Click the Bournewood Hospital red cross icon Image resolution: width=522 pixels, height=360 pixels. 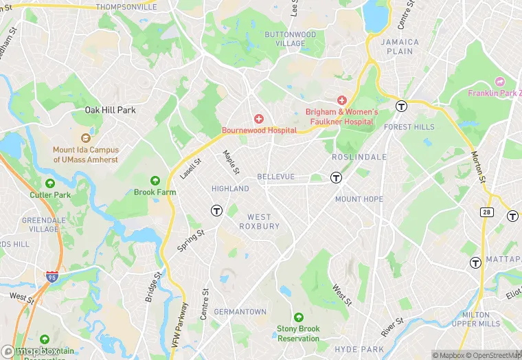[x=259, y=120]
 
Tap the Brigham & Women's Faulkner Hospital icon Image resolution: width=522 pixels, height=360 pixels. [x=341, y=101]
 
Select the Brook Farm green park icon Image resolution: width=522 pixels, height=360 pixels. [x=155, y=181]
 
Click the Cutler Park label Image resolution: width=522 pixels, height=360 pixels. [x=50, y=195]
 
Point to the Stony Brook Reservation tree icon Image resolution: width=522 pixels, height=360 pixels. [x=298, y=317]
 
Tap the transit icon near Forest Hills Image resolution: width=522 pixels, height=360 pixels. [x=401, y=106]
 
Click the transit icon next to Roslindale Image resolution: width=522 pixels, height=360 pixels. [x=337, y=178]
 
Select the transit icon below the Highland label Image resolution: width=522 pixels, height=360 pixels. [x=216, y=210]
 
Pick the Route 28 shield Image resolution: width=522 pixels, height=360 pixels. [x=486, y=213]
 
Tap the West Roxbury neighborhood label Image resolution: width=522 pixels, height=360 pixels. [x=259, y=221]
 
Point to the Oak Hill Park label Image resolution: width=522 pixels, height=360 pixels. [x=110, y=110]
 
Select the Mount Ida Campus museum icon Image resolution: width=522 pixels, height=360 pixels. [x=86, y=138]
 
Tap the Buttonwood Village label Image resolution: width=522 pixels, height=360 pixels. [x=290, y=38]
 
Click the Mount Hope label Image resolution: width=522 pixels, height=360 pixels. [x=359, y=199]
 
